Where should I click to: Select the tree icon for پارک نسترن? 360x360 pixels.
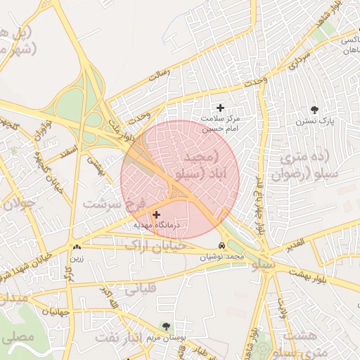(x=314, y=110)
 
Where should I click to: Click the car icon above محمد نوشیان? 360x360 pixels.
(x=222, y=246)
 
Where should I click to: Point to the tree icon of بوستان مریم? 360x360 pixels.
(x=165, y=326)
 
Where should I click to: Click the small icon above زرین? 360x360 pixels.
(x=76, y=247)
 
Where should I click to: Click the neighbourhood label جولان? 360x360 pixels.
(x=19, y=204)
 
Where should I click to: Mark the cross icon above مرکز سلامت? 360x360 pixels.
(x=221, y=108)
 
